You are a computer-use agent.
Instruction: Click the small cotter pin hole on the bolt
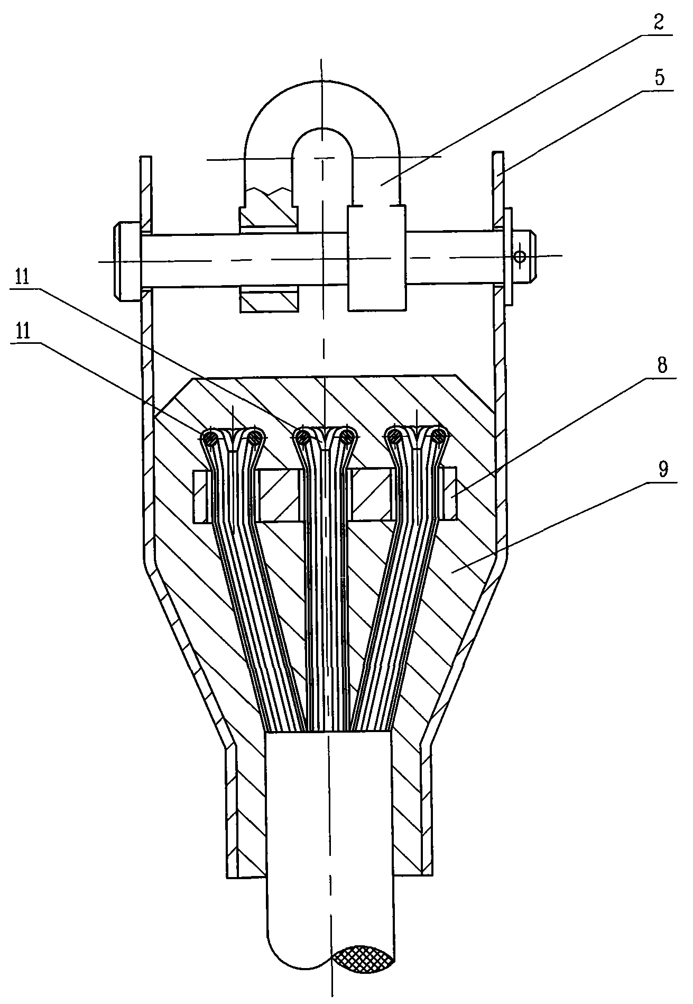pyautogui.click(x=521, y=257)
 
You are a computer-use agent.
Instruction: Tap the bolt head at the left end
pyautogui.click(x=127, y=262)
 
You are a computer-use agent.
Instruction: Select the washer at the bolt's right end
pyautogui.click(x=508, y=257)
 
